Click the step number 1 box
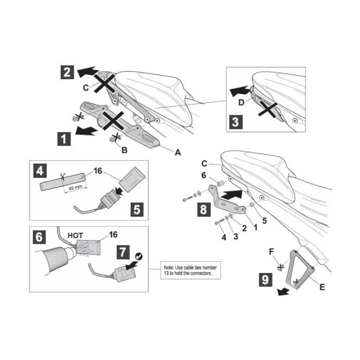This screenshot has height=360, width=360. coord(64,139)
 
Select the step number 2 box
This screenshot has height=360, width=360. coord(67,73)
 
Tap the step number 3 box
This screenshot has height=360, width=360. coord(236,122)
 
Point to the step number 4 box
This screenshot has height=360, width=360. coord(40,171)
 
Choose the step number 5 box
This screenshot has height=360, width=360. coord(137,209)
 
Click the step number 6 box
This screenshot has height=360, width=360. coord(39,237)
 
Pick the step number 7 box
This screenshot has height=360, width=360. coord(123,252)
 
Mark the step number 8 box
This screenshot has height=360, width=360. coord(204,210)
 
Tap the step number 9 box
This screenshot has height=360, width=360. coord(266,279)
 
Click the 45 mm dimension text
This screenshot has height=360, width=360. coord(76,188)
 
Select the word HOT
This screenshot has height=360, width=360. coord(75,236)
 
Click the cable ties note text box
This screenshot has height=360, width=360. coord(191,270)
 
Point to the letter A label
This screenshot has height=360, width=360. coord(178,152)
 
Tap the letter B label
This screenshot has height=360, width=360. coord(124,150)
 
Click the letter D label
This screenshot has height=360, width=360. coord(241,103)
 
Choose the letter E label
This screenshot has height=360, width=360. coord(322,287)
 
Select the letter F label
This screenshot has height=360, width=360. coord(272,252)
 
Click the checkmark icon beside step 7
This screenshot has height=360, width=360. coord(138,256)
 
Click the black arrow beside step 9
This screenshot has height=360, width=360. coord(283,292)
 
